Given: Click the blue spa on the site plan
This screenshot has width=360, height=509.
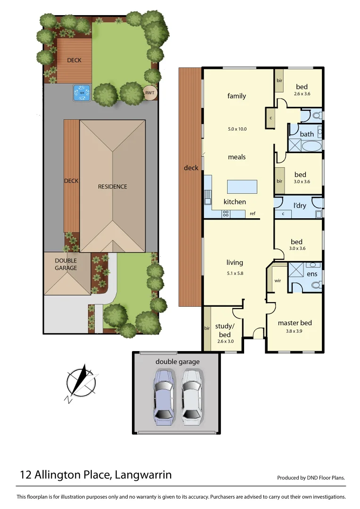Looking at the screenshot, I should pos(82,92).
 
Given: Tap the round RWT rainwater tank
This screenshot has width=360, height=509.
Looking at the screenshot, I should pos(150,93).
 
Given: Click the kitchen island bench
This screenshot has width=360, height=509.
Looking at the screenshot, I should pos(242,187).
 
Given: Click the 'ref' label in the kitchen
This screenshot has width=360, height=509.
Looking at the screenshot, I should pos(253,214).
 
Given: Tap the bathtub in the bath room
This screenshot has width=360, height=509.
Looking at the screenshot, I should pos(311,147).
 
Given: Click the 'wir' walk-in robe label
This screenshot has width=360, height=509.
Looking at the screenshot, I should pos(278,281).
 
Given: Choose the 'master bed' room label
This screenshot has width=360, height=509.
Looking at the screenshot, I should pos(295,323).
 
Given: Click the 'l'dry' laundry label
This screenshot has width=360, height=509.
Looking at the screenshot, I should pos(300,206).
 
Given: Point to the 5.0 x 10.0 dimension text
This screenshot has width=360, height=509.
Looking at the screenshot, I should pos(237,129).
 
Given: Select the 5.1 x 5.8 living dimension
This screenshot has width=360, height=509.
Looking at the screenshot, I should pos(235,273).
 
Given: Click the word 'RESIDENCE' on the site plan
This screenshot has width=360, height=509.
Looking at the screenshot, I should pos(113,187).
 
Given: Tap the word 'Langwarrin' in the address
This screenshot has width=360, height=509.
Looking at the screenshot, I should pos(143,475).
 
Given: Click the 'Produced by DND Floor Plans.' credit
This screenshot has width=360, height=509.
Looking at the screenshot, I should pos(311,477).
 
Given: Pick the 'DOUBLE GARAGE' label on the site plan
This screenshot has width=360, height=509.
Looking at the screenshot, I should pos(66,264).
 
